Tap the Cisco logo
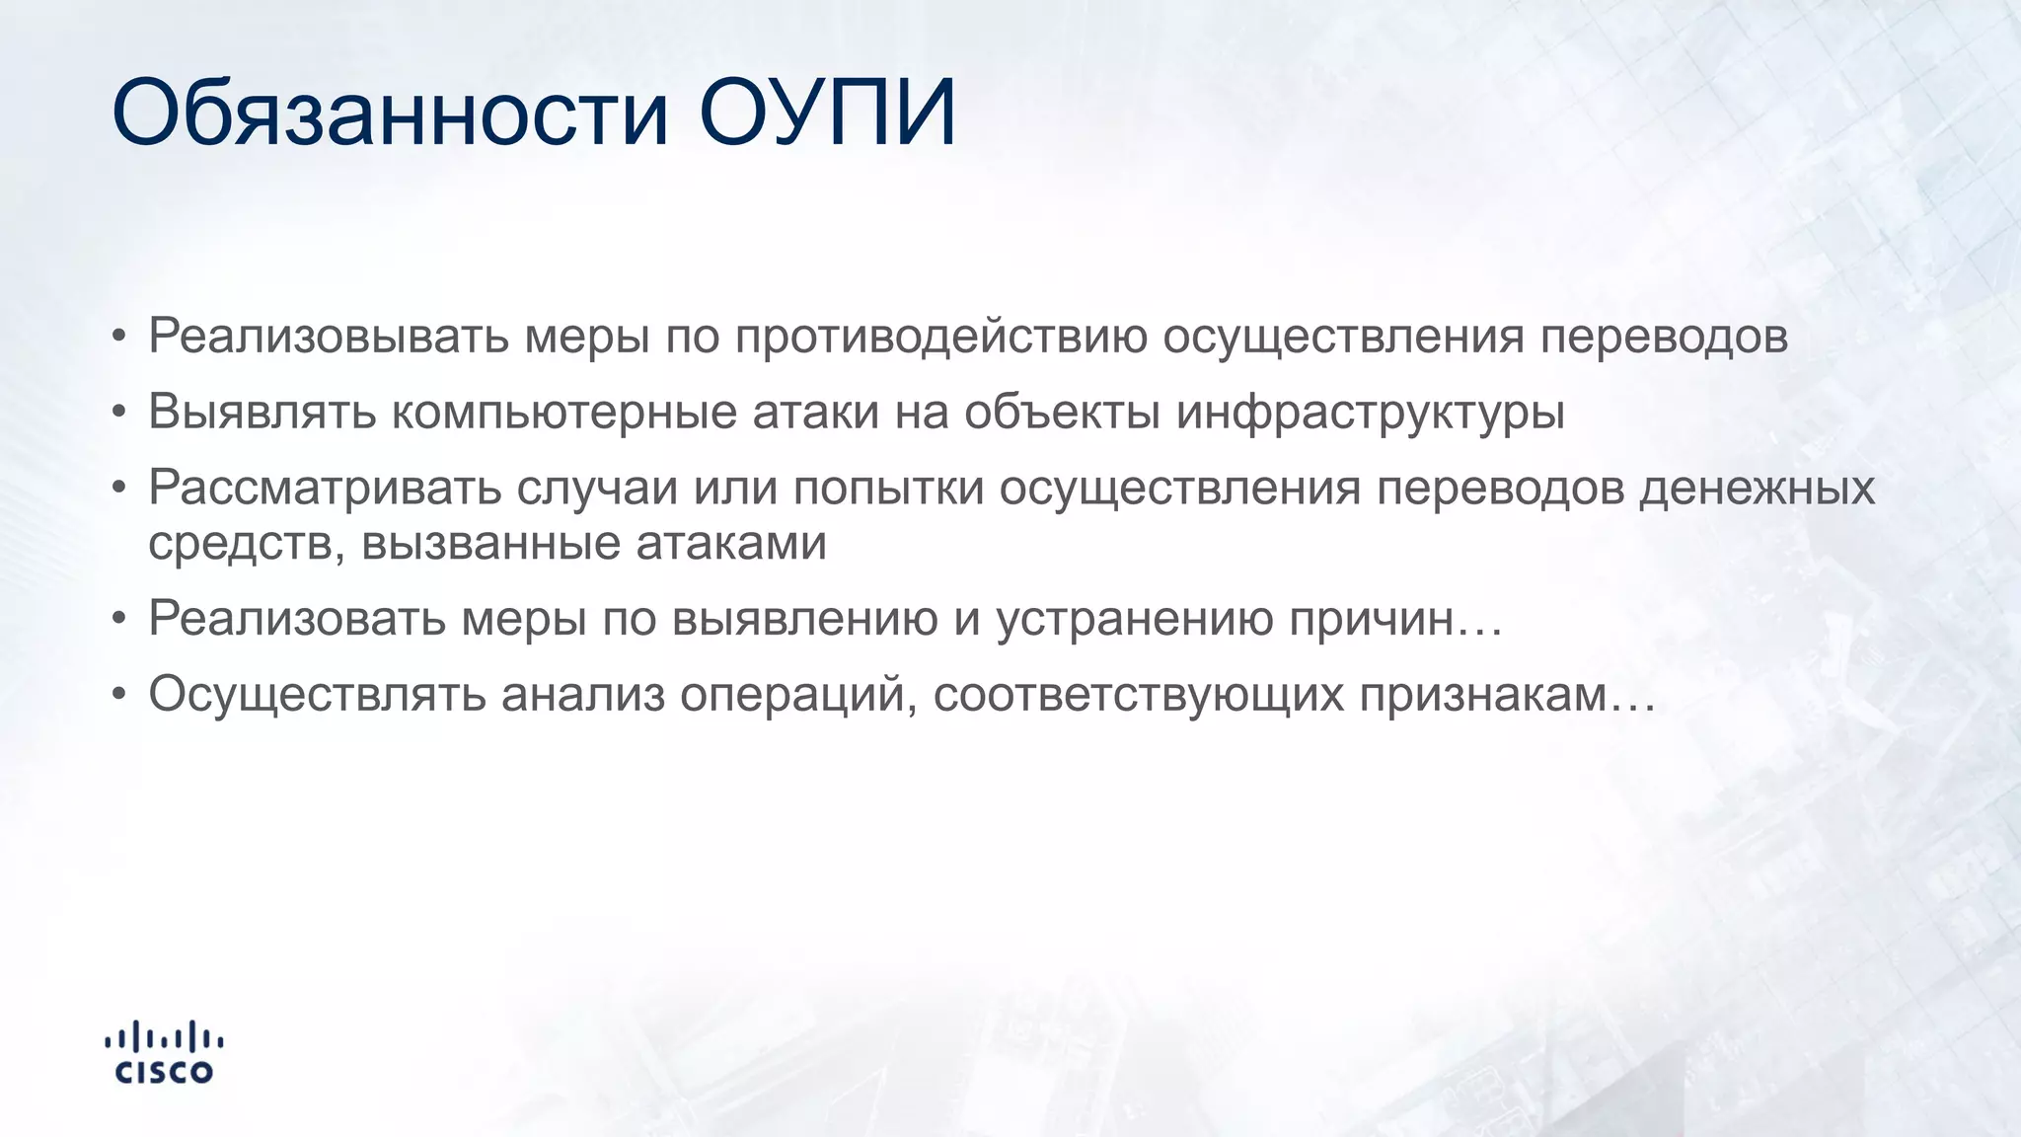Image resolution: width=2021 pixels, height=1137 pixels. tap(164, 1053)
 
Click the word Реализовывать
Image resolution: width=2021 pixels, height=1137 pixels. tap(329, 337)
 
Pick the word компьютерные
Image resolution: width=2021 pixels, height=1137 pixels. tap(563, 413)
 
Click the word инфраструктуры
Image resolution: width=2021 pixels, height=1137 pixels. tap(1370, 413)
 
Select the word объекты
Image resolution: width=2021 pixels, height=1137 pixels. tap(1062, 413)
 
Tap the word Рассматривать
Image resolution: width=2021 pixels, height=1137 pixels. tap(325, 489)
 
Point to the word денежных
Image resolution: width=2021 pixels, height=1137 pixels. tap(1757, 489)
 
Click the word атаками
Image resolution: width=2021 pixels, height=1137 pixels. tap(730, 544)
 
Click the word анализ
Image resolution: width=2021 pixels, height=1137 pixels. tap(583, 695)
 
